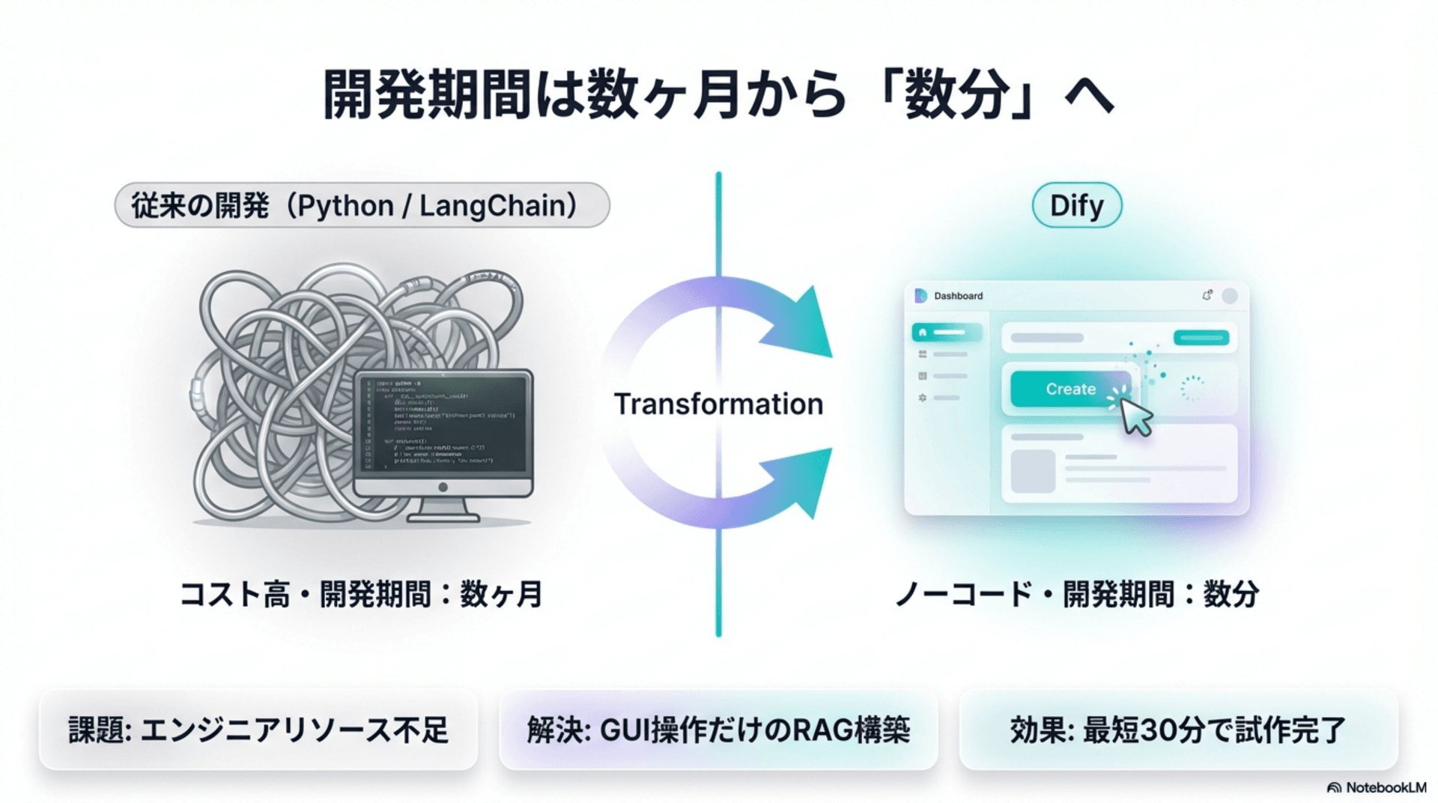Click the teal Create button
click(1070, 389)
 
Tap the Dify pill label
click(1076, 205)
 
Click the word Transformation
click(718, 404)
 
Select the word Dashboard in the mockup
click(958, 296)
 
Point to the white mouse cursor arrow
click(1136, 417)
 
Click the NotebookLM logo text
click(1384, 787)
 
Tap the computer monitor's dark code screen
click(445, 423)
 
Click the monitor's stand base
click(443, 515)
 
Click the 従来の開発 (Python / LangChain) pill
click(362, 205)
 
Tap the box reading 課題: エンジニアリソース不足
click(258, 730)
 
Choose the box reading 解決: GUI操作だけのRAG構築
click(718, 730)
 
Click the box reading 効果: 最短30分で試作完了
click(1178, 730)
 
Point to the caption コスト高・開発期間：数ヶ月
click(362, 595)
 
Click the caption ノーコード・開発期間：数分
click(1076, 595)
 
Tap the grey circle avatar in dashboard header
click(1229, 296)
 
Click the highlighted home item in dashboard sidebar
click(947, 332)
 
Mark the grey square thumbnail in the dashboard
click(1033, 471)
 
